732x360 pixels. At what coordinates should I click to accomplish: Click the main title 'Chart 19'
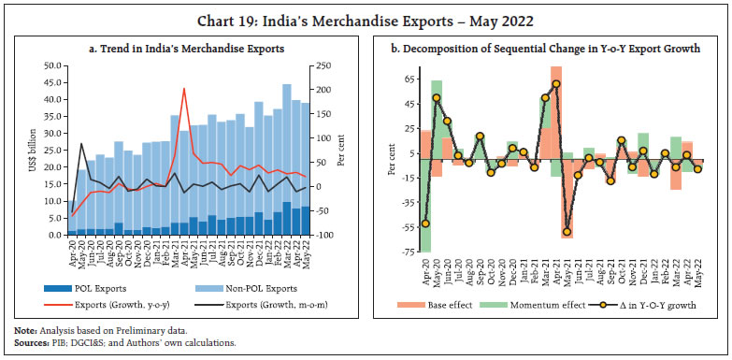[x=366, y=15]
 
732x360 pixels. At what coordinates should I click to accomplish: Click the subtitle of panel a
[x=185, y=48]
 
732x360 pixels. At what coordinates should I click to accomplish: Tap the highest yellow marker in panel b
[x=556, y=84]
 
